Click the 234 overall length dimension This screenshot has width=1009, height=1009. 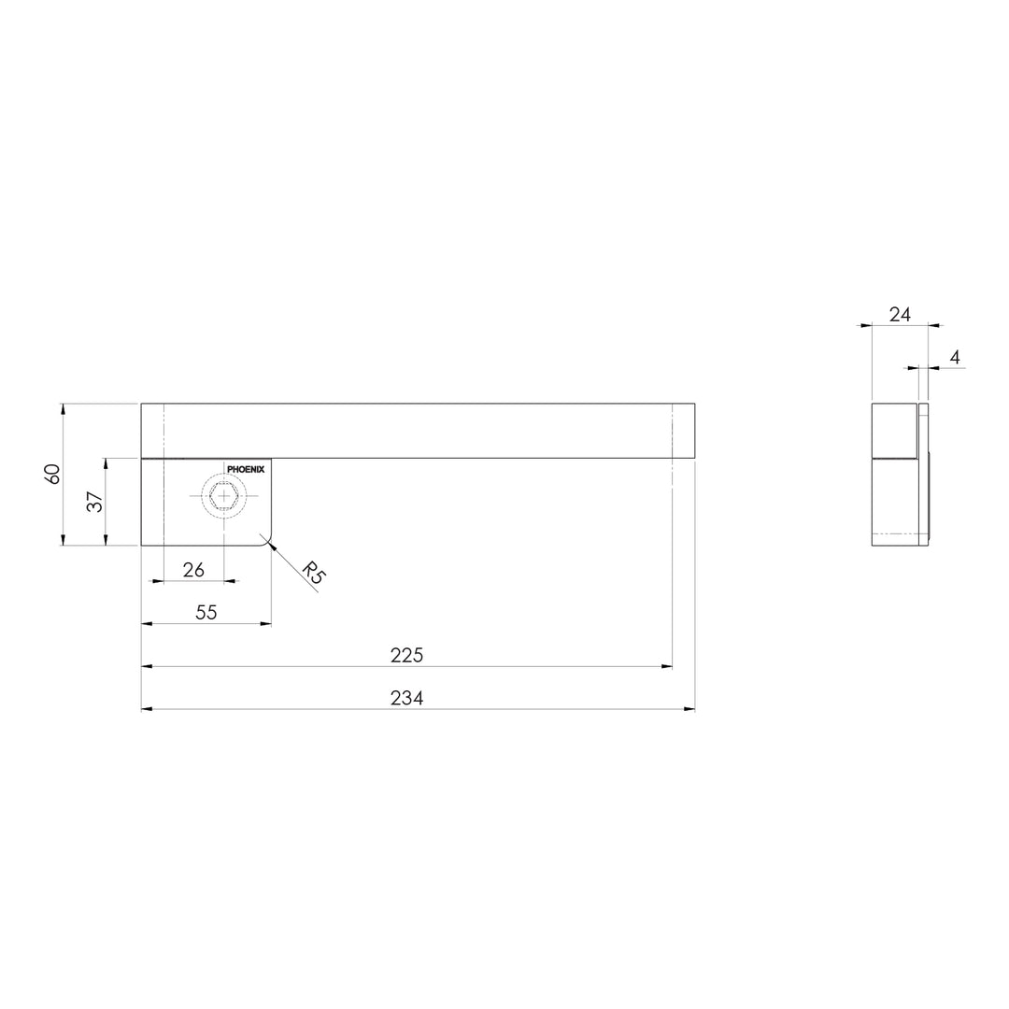pyautogui.click(x=406, y=698)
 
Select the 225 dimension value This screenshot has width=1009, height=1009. pyautogui.click(x=406, y=655)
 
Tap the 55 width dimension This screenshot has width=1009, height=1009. pyautogui.click(x=206, y=612)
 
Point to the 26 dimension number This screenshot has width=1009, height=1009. pyautogui.click(x=193, y=569)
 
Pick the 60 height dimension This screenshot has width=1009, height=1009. pyautogui.click(x=53, y=474)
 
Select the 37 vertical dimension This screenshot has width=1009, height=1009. pyautogui.click(x=94, y=502)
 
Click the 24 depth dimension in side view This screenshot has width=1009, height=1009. pyautogui.click(x=900, y=314)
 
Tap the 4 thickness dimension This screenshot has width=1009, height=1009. pyautogui.click(x=954, y=357)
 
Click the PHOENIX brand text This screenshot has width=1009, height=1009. pyautogui.click(x=247, y=470)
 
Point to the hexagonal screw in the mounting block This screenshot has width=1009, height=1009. pyautogui.click(x=224, y=496)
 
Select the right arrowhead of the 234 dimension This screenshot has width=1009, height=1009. pyautogui.click(x=689, y=709)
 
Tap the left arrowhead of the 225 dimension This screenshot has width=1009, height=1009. pyautogui.click(x=147, y=666)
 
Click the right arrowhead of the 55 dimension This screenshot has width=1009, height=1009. pyautogui.click(x=265, y=623)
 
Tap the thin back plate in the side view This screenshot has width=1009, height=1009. pyautogui.click(x=926, y=475)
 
